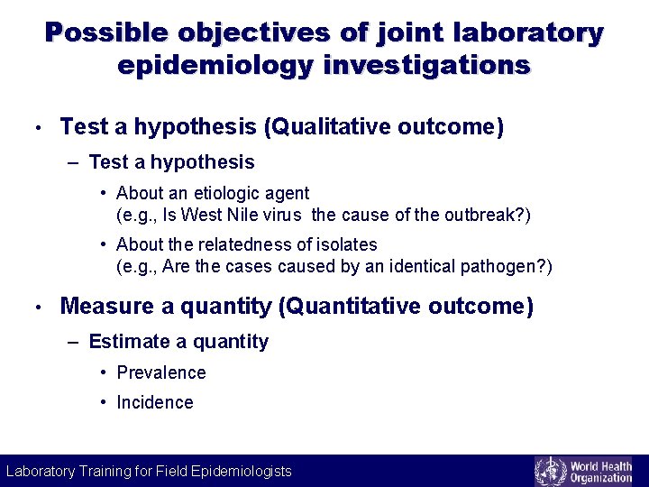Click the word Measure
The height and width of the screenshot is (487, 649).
[107, 307]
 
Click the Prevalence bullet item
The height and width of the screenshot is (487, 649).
[161, 372]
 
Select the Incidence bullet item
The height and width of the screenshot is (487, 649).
[155, 402]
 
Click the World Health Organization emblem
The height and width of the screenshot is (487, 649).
[552, 471]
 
